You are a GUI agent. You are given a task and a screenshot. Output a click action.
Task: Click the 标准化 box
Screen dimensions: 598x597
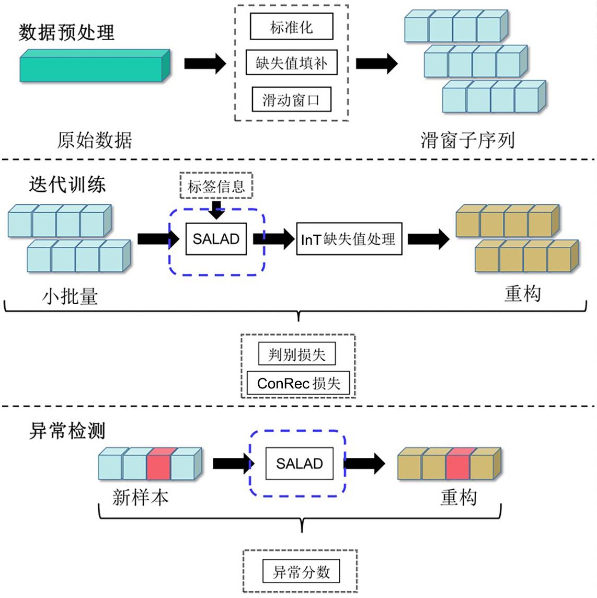(291, 27)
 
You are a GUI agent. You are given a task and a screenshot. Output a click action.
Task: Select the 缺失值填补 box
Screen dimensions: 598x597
(291, 63)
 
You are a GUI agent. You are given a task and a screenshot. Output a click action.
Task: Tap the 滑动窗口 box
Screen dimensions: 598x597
(291, 99)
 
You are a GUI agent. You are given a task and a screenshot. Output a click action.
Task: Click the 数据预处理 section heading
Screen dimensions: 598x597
(66, 32)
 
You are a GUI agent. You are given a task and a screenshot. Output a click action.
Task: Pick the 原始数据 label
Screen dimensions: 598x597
(95, 140)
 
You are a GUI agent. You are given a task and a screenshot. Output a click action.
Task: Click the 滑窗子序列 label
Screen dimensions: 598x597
(467, 140)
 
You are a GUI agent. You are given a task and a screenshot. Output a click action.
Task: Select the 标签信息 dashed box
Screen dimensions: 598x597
(216, 186)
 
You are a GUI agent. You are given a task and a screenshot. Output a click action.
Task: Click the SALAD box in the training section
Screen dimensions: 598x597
(216, 239)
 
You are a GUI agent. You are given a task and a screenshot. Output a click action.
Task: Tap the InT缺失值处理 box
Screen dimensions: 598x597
(349, 239)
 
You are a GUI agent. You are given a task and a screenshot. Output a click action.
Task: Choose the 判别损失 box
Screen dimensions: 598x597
(297, 355)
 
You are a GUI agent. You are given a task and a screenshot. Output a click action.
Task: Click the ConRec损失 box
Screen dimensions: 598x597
(298, 384)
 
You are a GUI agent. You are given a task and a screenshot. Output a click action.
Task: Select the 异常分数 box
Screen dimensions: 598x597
(301, 571)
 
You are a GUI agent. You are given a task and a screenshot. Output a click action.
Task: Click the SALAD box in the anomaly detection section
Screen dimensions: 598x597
(299, 464)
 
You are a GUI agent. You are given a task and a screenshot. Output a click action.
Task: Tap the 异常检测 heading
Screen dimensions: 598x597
(67, 431)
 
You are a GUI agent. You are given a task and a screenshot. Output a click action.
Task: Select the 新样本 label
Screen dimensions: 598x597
(140, 497)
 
